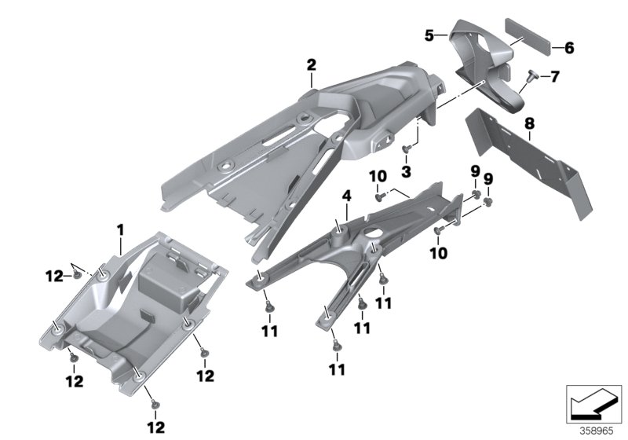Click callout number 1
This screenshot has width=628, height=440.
[120, 230]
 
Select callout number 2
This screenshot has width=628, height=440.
[311, 65]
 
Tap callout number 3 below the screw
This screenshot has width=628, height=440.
[406, 172]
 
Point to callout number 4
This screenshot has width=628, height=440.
[346, 196]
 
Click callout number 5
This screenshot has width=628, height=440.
[429, 35]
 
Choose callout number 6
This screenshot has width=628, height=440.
[569, 48]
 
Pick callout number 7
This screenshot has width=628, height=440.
[555, 76]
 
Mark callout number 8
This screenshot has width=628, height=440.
[529, 124]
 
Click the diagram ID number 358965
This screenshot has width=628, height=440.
[597, 431]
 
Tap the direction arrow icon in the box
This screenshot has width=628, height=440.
[593, 403]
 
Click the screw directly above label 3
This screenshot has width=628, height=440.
[406, 148]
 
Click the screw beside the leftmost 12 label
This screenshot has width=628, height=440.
[76, 275]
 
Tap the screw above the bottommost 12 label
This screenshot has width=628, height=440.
[155, 404]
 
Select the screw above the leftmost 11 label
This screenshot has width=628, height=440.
[269, 307]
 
